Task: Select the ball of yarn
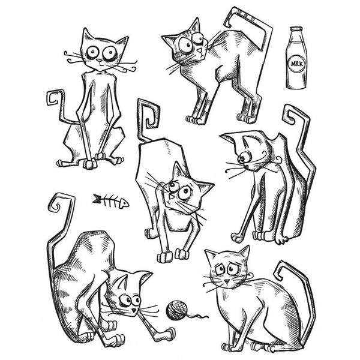[178, 310]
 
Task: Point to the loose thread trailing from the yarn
[197, 314]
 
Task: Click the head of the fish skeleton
[122, 203]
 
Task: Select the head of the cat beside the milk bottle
[185, 43]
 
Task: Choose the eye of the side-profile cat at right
[245, 157]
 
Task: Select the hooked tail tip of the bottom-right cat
[282, 270]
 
